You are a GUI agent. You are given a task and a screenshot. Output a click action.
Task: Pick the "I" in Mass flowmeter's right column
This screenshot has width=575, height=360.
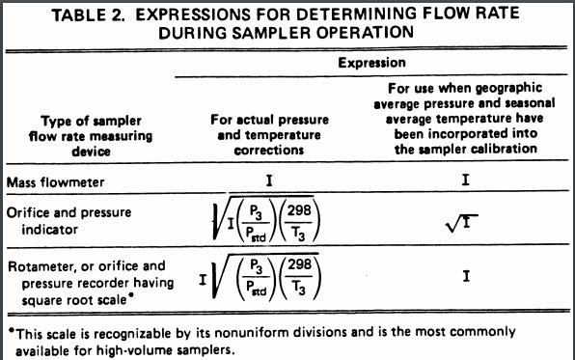click(x=466, y=180)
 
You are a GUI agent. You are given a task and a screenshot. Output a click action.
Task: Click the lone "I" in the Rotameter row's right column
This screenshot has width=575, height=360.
click(x=466, y=277)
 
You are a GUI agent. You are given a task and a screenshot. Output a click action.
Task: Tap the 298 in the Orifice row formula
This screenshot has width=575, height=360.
click(x=301, y=212)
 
